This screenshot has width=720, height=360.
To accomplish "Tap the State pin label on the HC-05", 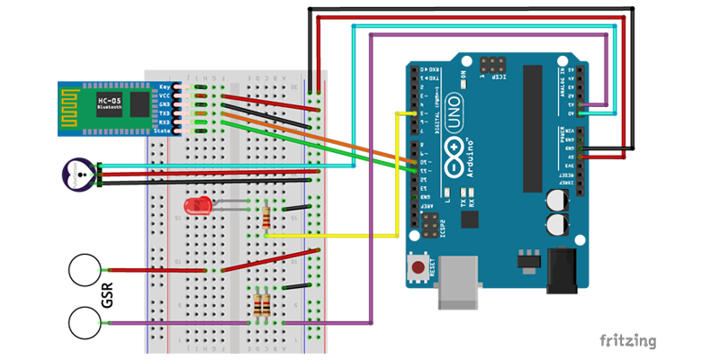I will pos(162,131).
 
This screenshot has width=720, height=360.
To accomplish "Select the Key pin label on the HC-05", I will pos(165,87).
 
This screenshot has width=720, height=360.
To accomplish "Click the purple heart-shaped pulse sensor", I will pos(78,174).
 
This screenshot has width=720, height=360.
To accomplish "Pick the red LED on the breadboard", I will pos(196,206).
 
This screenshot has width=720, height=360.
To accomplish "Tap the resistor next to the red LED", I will pos(266,217).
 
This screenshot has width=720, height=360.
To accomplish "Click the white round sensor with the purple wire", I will pos(85,323).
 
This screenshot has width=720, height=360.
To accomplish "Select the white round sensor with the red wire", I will pos(85,271).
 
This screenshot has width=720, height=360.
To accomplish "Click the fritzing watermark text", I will pos(628,341).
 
